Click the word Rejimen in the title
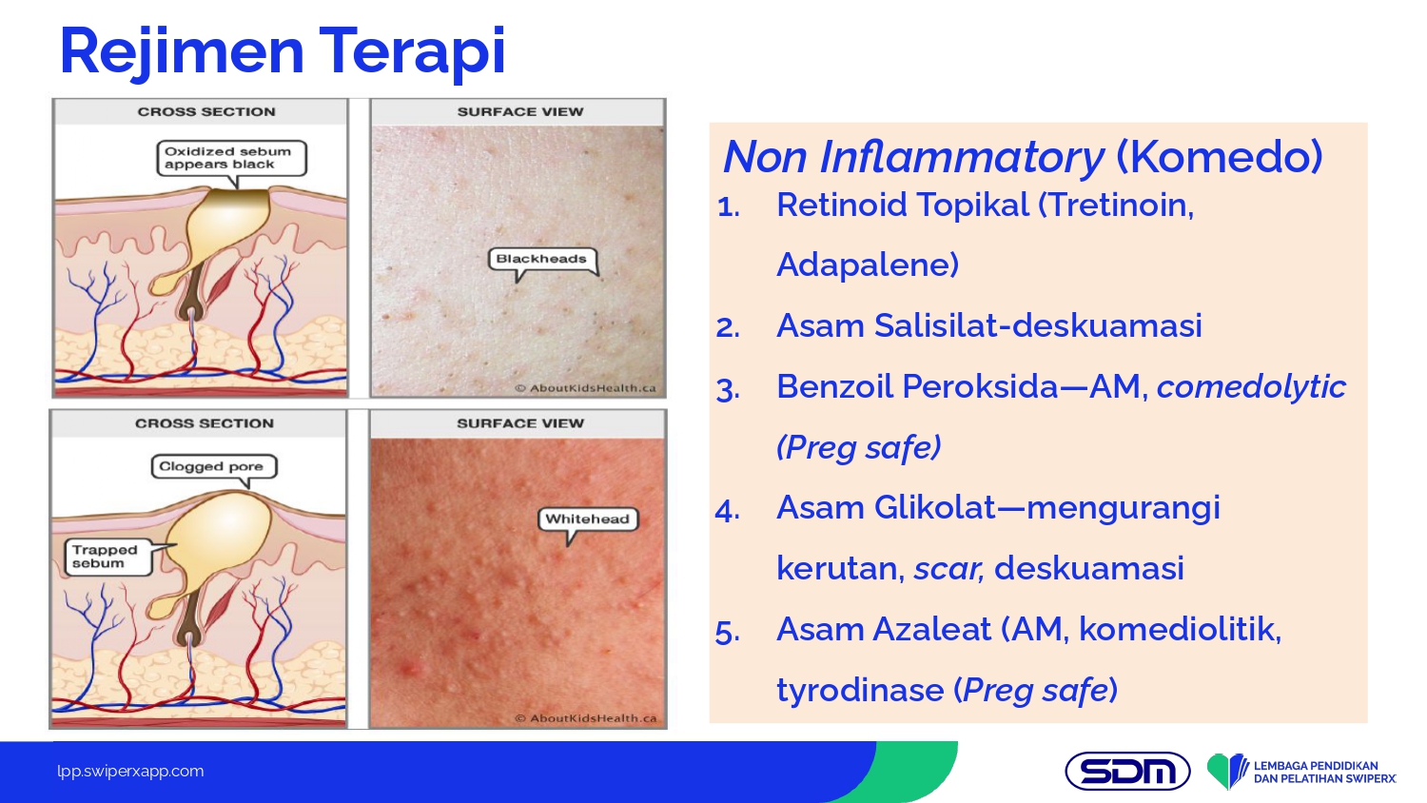pos(182,52)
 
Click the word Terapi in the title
pos(413,52)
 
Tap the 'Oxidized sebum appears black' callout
pos(232,158)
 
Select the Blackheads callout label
pos(543,259)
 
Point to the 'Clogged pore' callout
pos(214,466)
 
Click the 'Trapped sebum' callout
pos(109,557)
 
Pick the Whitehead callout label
pos(587,519)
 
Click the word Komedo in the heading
pos(1220,156)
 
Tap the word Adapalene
pos(867,264)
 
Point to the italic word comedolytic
pos(1251,386)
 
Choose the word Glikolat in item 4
pos(934,508)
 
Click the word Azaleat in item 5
pos(932,630)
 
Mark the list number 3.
pos(728,389)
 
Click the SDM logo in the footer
pos(1127,772)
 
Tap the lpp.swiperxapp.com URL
pos(130,772)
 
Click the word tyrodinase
pos(860,690)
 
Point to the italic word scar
pos(948,568)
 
